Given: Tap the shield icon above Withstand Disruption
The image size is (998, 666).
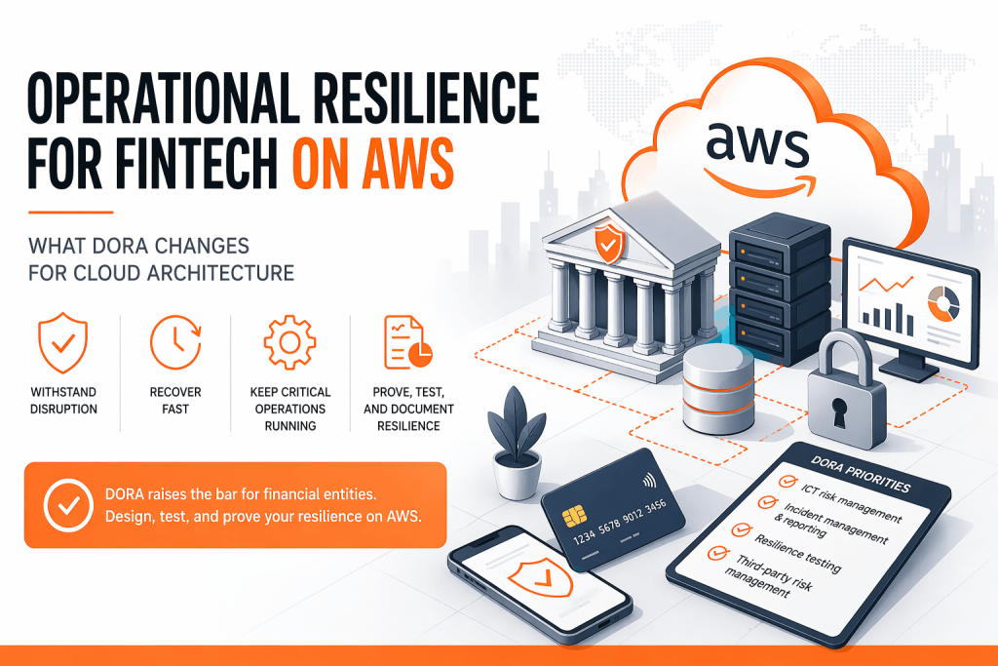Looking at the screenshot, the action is tap(63, 342).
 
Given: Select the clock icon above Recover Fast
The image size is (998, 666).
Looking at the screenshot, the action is tap(175, 342).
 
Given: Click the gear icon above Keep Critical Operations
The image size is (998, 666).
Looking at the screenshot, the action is tap(290, 342).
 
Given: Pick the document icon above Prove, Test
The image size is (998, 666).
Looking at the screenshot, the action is tap(407, 342).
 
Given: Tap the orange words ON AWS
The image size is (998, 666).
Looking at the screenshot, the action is tap(373, 163).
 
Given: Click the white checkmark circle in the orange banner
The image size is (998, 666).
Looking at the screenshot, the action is tap(69, 505).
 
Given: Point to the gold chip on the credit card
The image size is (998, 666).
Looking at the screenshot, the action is tap(575, 517).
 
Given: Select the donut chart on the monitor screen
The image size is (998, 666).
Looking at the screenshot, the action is tap(943, 303).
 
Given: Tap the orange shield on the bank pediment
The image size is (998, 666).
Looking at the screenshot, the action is tap(608, 243).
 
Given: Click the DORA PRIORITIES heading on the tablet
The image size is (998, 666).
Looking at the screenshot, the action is tap(861, 474).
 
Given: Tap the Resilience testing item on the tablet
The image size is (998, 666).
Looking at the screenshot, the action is tap(797, 552).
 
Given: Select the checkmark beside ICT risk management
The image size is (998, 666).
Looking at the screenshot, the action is tap(787, 482).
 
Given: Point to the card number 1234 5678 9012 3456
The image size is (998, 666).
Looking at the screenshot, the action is tap(619, 522).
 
